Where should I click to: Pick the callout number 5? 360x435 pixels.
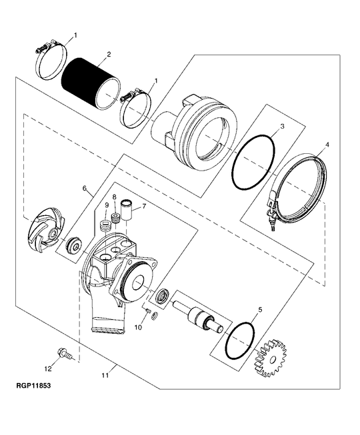click(259, 310)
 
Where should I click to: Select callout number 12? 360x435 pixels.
click(47, 367)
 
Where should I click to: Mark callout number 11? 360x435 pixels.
click(105, 376)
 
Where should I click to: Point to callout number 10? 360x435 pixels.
click(139, 327)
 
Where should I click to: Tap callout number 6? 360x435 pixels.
click(85, 189)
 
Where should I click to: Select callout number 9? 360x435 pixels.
click(105, 204)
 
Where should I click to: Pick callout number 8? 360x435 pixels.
click(115, 198)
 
